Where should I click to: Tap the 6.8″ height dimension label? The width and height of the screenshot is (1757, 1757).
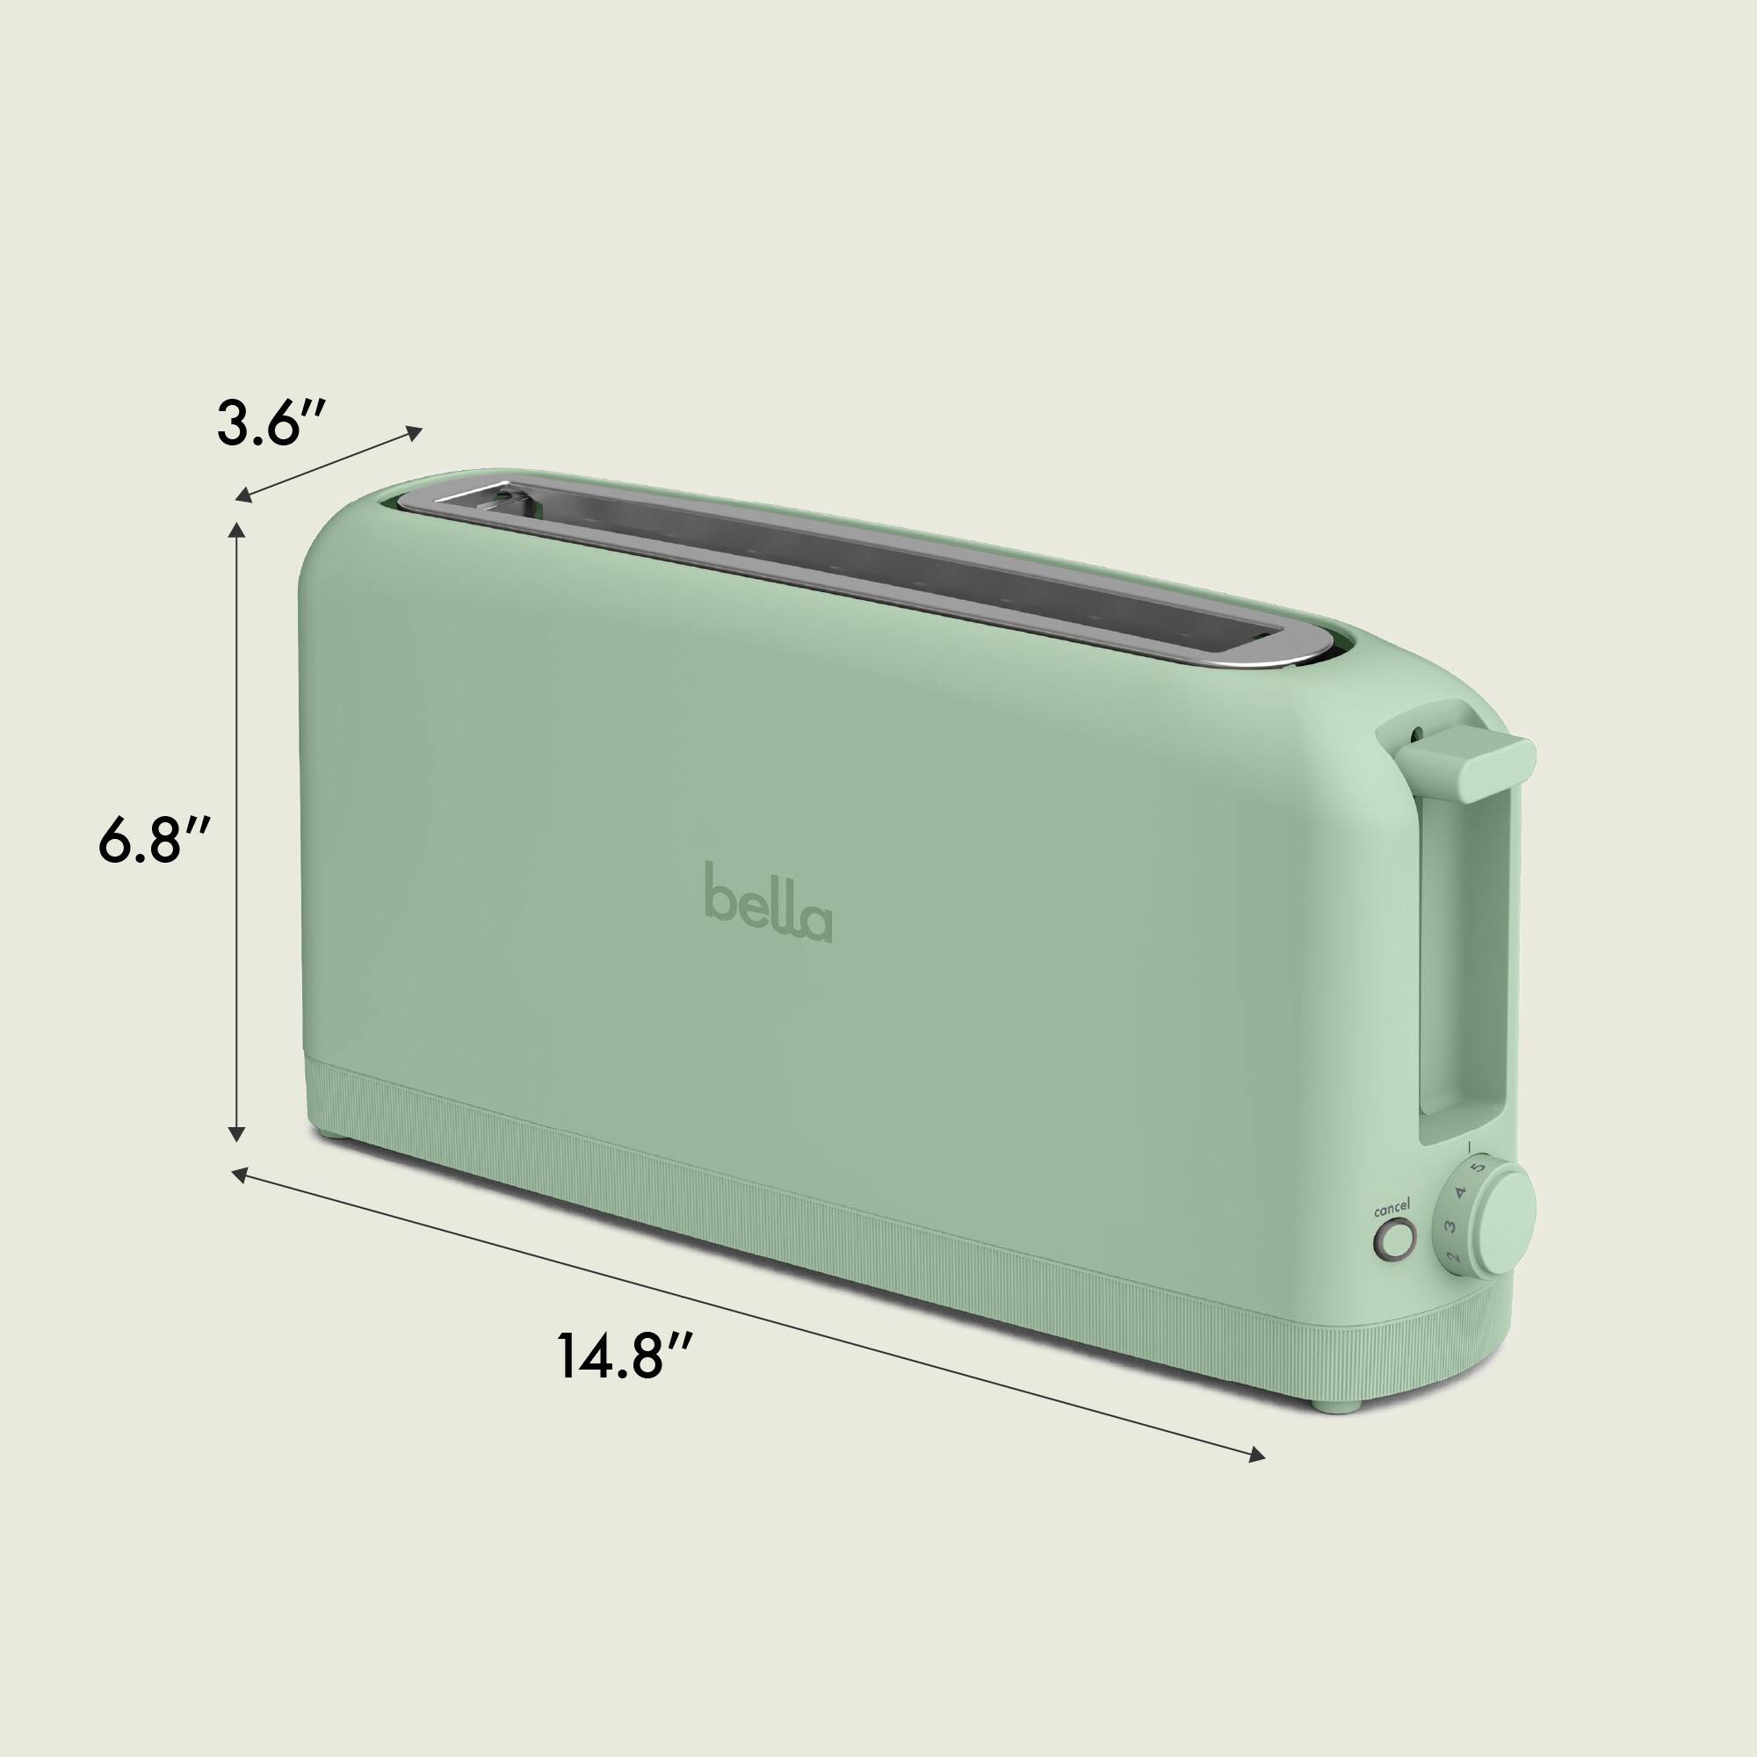(155, 842)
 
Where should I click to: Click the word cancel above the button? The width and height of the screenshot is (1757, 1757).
(1392, 1210)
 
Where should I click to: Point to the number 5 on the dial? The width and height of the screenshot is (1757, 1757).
(1479, 1166)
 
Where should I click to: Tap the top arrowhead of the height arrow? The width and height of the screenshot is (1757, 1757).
(237, 531)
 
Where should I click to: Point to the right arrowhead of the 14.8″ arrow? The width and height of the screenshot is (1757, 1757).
(1257, 1457)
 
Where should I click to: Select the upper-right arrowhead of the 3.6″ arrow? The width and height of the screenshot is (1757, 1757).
(415, 432)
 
